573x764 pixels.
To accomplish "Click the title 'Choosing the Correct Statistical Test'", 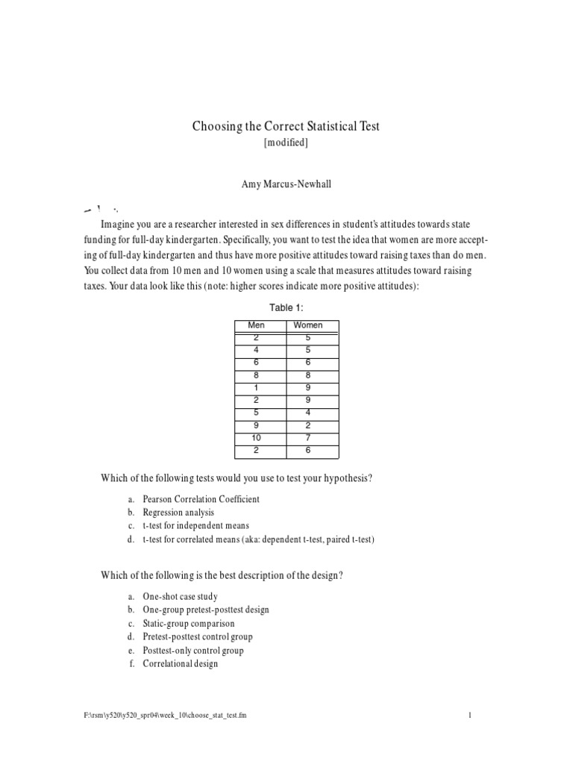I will (286, 126).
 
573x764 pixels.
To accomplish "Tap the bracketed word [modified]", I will (286, 143).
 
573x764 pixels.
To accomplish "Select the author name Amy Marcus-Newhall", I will (286, 184).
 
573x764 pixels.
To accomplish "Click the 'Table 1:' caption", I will (286, 307).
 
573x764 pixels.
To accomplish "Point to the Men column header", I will (256, 325).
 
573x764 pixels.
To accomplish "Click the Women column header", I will (308, 325).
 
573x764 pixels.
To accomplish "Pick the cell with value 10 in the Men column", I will (256, 438).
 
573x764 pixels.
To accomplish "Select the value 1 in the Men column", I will (256, 387).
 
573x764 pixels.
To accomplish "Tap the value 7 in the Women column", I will (308, 438).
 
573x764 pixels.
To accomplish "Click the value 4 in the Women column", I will (308, 413).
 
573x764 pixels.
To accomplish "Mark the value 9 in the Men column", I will (256, 425).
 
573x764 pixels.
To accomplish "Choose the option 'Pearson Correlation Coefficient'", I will (201, 499).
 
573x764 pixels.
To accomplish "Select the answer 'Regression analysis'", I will (178, 513).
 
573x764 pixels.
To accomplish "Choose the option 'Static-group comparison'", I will (188, 623).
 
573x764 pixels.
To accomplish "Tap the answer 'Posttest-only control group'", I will (193, 650).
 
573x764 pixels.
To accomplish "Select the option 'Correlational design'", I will (181, 663).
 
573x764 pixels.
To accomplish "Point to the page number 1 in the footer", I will (470, 716).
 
